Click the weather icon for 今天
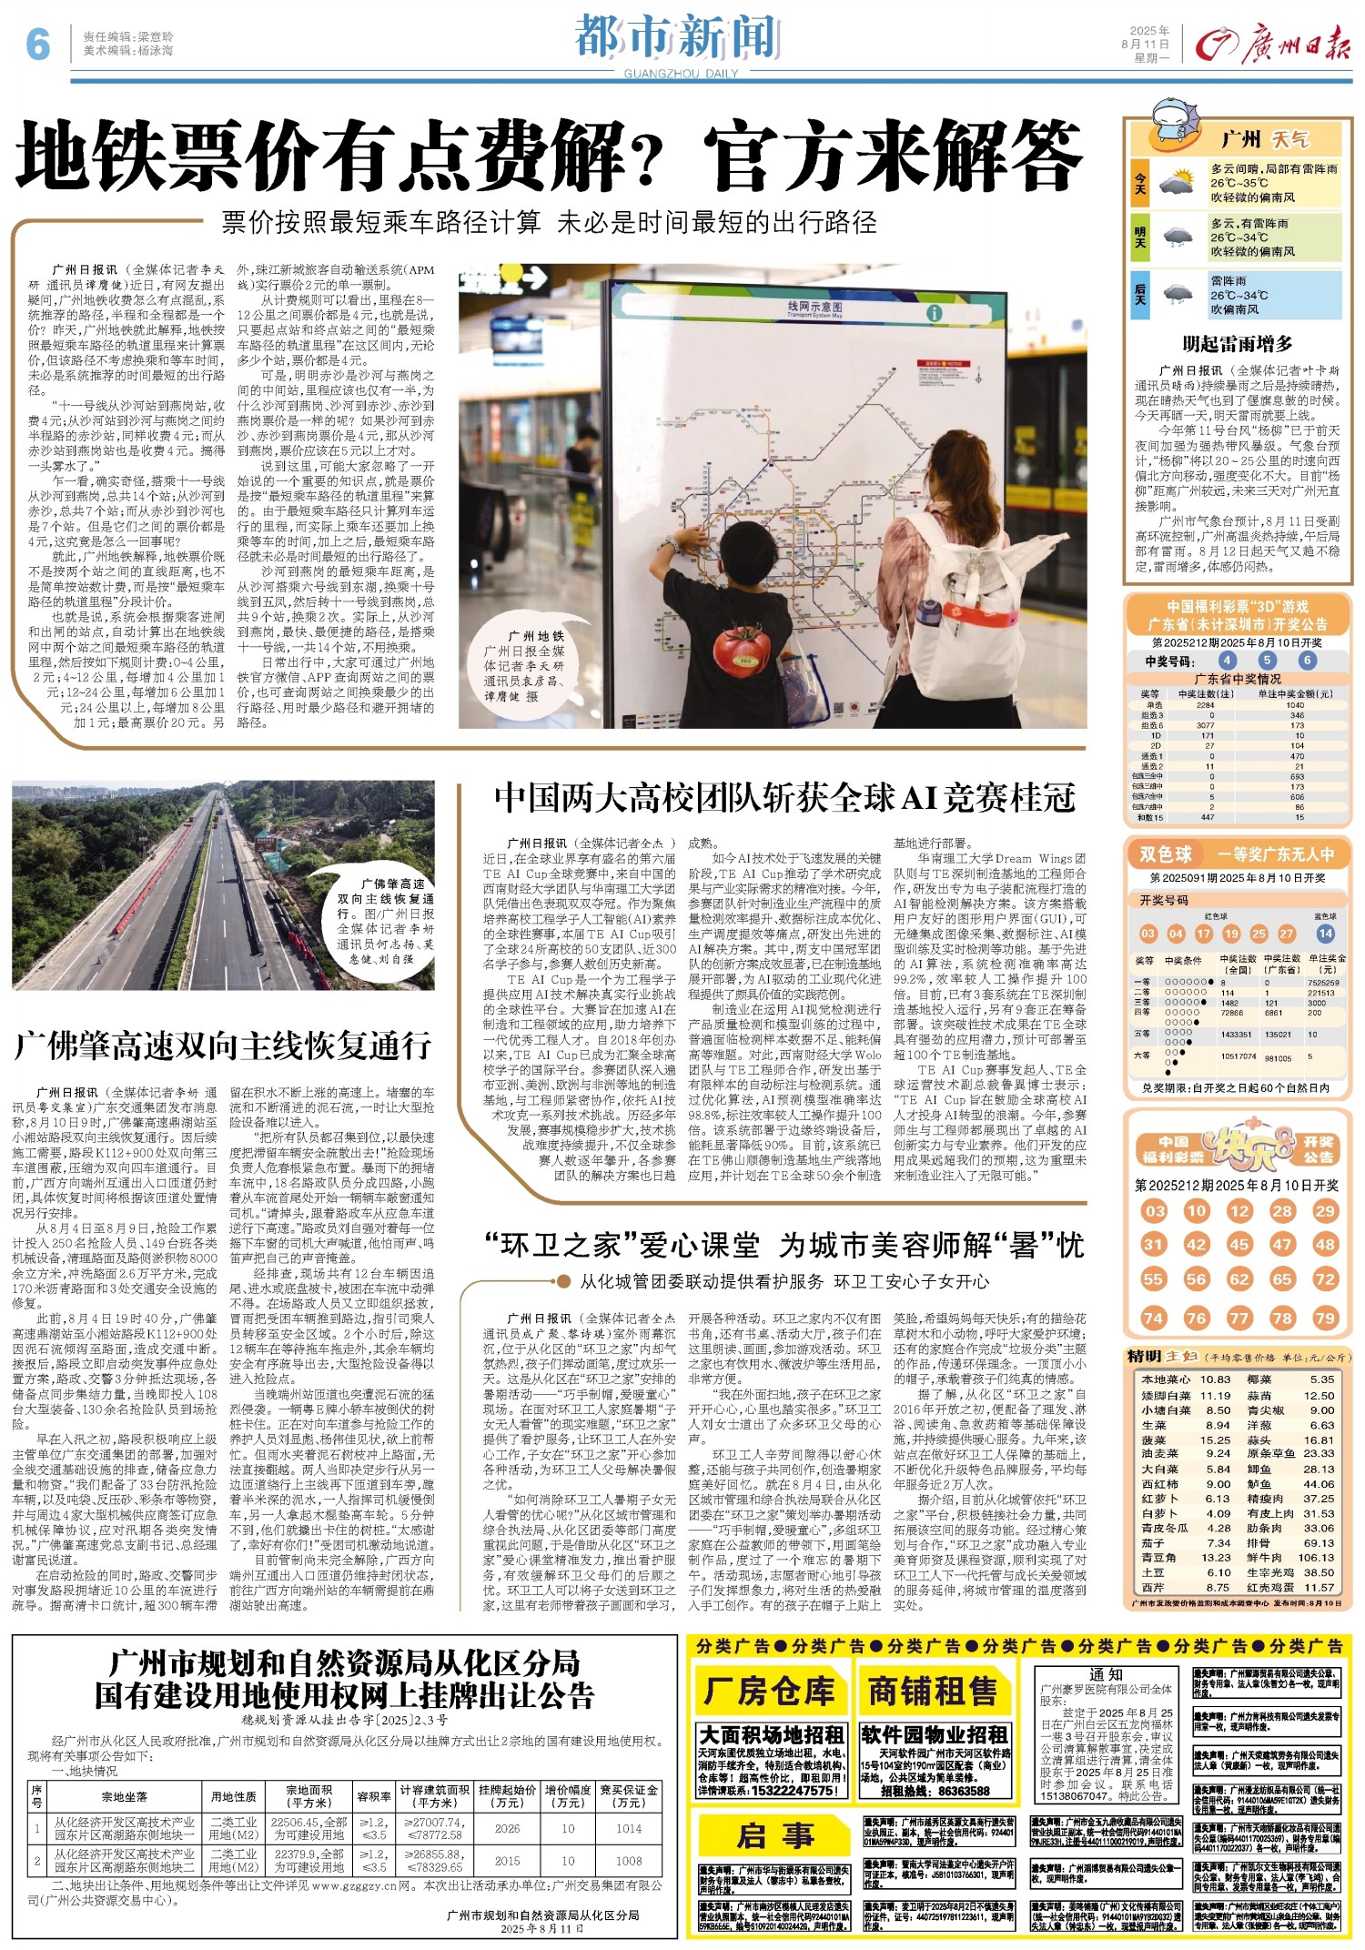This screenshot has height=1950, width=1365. (x=1178, y=184)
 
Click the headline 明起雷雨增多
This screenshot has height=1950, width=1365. (x=1237, y=344)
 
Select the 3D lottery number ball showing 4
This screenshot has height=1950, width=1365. (x=1228, y=661)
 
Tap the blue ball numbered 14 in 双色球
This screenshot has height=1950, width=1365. (x=1325, y=933)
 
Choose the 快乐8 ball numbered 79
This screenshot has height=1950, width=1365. (x=1325, y=1318)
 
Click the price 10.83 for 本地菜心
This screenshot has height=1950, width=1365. (x=1215, y=1379)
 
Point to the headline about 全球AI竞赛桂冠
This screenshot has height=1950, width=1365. (x=784, y=798)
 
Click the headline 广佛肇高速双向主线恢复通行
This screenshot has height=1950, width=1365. (x=223, y=1046)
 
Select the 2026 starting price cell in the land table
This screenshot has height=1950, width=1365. (x=507, y=1829)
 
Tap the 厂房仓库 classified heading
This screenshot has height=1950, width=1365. (x=769, y=1691)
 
